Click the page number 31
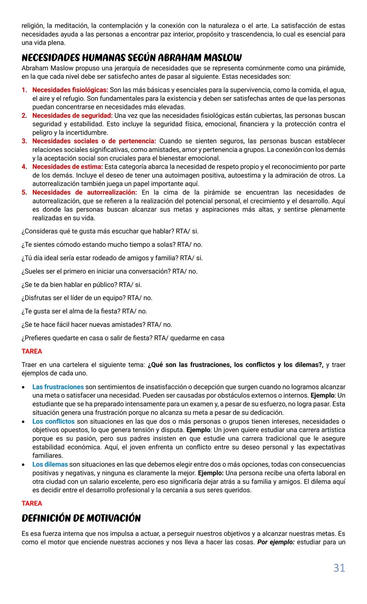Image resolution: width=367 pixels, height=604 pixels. [339, 568]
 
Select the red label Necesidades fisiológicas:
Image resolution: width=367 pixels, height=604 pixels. [70, 90]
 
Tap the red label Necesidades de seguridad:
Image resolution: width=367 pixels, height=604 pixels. [72, 116]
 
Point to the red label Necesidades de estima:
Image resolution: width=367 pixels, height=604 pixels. [67, 167]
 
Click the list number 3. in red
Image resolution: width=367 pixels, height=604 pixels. [24, 141]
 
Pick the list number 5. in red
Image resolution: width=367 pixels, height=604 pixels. [24, 192]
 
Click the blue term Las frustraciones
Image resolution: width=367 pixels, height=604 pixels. [58, 387]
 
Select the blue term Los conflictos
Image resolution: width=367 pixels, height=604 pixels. [53, 422]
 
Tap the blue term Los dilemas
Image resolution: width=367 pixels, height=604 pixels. [50, 464]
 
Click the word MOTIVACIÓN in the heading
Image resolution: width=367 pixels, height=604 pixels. [113, 518]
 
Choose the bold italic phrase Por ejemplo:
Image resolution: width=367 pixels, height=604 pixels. [276, 542]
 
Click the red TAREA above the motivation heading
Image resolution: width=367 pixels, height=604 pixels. [32, 503]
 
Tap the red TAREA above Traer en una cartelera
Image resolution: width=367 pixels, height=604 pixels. [32, 351]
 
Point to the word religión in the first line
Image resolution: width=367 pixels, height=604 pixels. [32, 25]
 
